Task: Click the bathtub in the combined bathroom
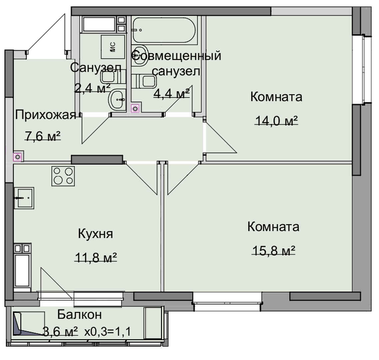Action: point(164,30)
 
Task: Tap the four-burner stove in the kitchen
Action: point(63,176)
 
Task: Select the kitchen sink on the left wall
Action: point(24,198)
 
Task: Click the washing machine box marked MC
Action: point(113,47)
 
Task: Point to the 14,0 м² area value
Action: point(276,120)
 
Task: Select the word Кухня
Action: point(96,234)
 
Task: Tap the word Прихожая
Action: point(46,115)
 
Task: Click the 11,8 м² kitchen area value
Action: point(96,257)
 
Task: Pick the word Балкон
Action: point(80,315)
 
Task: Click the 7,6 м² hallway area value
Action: point(43,136)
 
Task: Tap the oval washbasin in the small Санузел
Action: point(117,99)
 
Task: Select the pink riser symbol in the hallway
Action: point(18,157)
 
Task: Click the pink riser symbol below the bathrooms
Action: point(135,109)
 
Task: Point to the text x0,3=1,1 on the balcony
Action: point(108,331)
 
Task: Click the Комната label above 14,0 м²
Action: point(276,97)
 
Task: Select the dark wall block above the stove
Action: point(97,159)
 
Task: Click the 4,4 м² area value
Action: point(172,93)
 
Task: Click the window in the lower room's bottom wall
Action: point(227,301)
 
